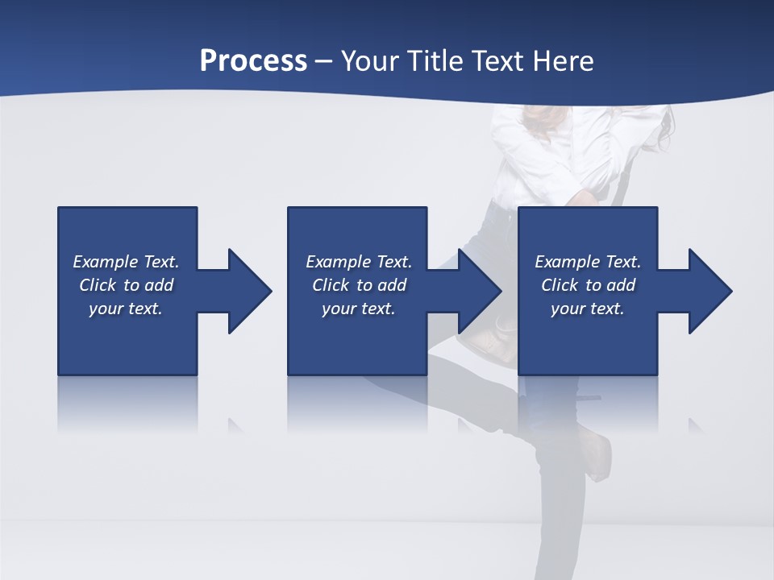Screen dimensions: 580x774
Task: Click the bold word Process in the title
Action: coord(253,60)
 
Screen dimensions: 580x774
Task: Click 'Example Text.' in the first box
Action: coord(126,262)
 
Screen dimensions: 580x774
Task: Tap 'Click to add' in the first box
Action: coord(126,285)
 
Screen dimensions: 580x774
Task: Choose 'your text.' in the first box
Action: coord(126,309)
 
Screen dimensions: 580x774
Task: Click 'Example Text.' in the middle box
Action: coord(359,262)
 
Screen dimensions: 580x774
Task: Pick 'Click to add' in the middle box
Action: coord(359,285)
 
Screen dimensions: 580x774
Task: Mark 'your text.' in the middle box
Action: coord(359,309)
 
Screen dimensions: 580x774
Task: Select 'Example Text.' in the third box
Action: coord(588,262)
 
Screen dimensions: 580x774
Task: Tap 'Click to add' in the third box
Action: coord(588,285)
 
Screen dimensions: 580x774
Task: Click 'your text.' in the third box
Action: coord(588,309)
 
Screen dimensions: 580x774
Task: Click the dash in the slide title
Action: coord(324,62)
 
